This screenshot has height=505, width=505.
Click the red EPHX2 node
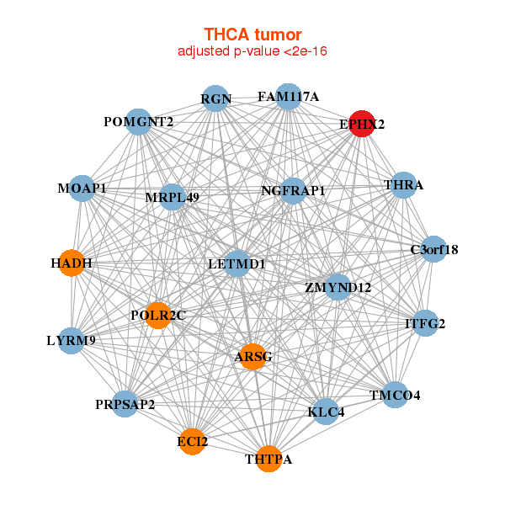click(362, 123)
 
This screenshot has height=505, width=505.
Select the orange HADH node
click(72, 263)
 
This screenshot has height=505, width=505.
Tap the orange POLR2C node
click(157, 314)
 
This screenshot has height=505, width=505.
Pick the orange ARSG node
click(252, 356)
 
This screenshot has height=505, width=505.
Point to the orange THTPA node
click(268, 459)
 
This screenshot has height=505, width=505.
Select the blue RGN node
click(216, 98)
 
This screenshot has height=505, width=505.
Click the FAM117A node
click(288, 96)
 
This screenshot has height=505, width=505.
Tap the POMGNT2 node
click(139, 122)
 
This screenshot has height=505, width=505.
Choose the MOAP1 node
click(82, 188)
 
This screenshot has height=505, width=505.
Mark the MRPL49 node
click(172, 197)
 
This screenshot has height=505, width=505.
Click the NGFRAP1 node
click(293, 191)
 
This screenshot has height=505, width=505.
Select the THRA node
click(404, 185)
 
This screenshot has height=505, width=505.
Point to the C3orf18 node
click(433, 249)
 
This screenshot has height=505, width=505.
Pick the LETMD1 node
click(237, 263)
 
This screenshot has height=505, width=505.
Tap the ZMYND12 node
click(338, 287)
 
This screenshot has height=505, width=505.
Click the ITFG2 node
click(425, 323)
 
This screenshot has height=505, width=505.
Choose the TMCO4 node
click(396, 394)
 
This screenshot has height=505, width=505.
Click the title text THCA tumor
click(252, 35)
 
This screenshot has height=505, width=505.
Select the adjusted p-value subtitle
click(252, 51)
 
